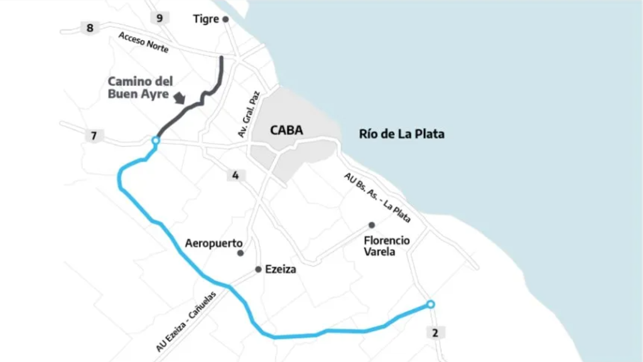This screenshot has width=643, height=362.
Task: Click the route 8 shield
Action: (x=90, y=28)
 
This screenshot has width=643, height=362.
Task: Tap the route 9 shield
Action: (x=159, y=18)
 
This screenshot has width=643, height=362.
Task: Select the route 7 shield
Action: (x=94, y=136)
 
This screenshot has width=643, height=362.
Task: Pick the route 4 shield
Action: (x=235, y=176)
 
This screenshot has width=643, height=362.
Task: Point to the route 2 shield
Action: (x=435, y=333)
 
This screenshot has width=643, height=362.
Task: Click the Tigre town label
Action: (x=206, y=19)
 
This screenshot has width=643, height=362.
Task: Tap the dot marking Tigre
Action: (x=226, y=19)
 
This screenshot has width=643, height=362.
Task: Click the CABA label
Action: (x=286, y=130)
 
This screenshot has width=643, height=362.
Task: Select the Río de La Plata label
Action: (x=402, y=134)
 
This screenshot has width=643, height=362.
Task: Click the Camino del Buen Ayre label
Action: (x=140, y=88)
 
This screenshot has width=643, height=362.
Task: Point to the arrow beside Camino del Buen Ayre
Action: (x=180, y=97)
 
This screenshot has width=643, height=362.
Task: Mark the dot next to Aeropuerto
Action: (x=240, y=253)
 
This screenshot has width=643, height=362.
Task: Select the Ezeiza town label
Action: (x=280, y=270)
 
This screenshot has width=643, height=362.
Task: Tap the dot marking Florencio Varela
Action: (x=372, y=225)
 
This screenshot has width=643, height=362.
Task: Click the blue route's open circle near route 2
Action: (x=430, y=304)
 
